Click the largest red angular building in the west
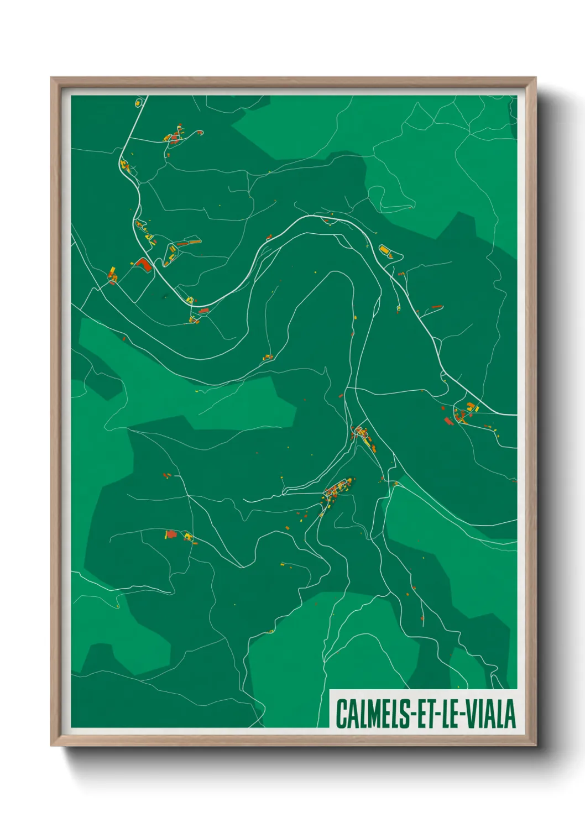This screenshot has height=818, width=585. tap(143, 264)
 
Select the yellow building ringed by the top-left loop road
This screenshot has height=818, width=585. tap(138, 103)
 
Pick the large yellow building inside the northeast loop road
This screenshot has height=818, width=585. tap(385, 250)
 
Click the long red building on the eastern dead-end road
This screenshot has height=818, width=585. tap(437, 306)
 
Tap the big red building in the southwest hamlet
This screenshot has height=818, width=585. tap(171, 534)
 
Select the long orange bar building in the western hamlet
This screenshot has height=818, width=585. tap(189, 242)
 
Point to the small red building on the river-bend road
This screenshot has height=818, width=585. tap(269, 237)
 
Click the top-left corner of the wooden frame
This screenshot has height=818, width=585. tap(51, 78)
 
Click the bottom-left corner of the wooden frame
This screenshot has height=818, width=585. tap(51, 746)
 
